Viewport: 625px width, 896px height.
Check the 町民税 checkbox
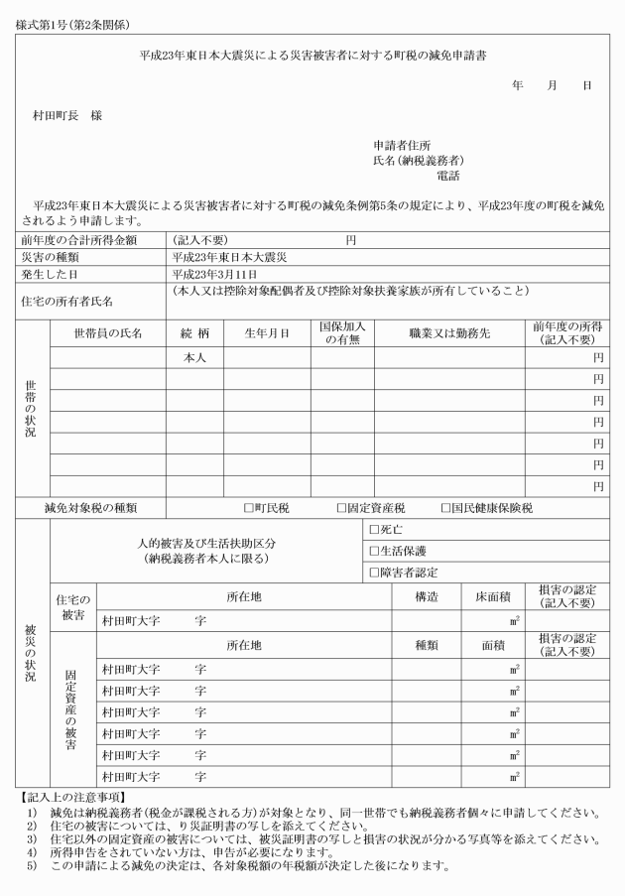click(x=249, y=508)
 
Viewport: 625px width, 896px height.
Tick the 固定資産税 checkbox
click(x=341, y=508)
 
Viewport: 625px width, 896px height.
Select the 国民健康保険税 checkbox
click(x=446, y=508)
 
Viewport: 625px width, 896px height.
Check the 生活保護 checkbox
click(x=374, y=551)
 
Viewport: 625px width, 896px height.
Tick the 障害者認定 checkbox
click(x=374, y=572)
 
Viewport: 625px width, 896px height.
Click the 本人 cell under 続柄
click(x=194, y=357)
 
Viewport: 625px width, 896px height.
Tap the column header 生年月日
click(x=267, y=333)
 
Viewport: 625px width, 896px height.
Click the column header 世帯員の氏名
click(x=109, y=333)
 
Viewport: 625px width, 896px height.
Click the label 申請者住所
click(x=401, y=145)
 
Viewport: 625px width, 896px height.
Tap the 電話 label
click(x=448, y=176)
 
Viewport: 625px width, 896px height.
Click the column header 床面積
click(x=492, y=597)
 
